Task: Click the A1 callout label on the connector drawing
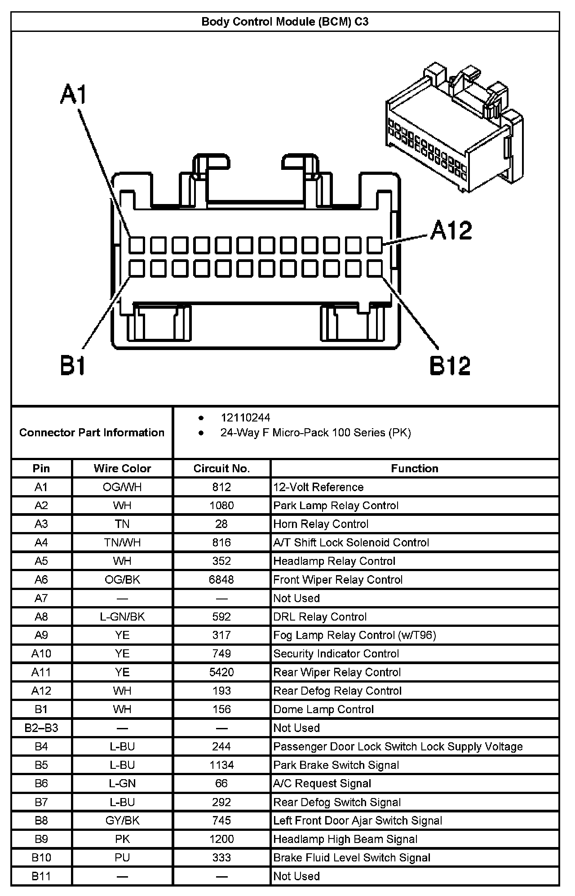click(x=73, y=94)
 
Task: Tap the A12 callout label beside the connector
click(x=451, y=230)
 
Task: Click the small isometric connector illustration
click(x=454, y=128)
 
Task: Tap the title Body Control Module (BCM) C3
click(x=285, y=22)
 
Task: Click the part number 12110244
click(x=245, y=417)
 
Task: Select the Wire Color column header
click(x=122, y=468)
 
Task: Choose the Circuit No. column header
click(x=221, y=468)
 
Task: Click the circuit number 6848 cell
click(x=221, y=580)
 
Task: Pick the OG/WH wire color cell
click(x=122, y=487)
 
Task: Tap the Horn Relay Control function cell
click(x=321, y=524)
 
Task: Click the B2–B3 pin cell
click(x=41, y=728)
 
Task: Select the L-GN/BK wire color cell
click(x=122, y=617)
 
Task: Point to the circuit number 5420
click(x=221, y=672)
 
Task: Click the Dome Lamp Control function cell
click(x=323, y=710)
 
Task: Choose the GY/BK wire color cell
click(x=122, y=821)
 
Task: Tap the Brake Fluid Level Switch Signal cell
click(x=352, y=857)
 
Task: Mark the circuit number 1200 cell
click(x=221, y=839)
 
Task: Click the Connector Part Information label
click(x=92, y=432)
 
